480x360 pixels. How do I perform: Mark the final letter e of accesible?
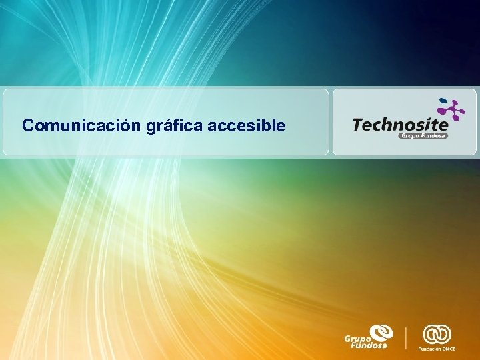pyautogui.click(x=281, y=125)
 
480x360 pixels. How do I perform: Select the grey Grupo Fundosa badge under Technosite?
pyautogui.click(x=423, y=135)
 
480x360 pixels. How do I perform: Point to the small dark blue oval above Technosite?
pyautogui.click(x=441, y=101)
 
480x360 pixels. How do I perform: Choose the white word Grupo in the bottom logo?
pyautogui.click(x=356, y=339)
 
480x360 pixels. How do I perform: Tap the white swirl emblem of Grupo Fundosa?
pyautogui.click(x=382, y=333)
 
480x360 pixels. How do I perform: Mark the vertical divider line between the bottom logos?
pyautogui.click(x=407, y=337)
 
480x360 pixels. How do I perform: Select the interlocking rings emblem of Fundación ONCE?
pyautogui.click(x=437, y=333)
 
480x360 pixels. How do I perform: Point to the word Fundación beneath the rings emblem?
pyautogui.click(x=429, y=349)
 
